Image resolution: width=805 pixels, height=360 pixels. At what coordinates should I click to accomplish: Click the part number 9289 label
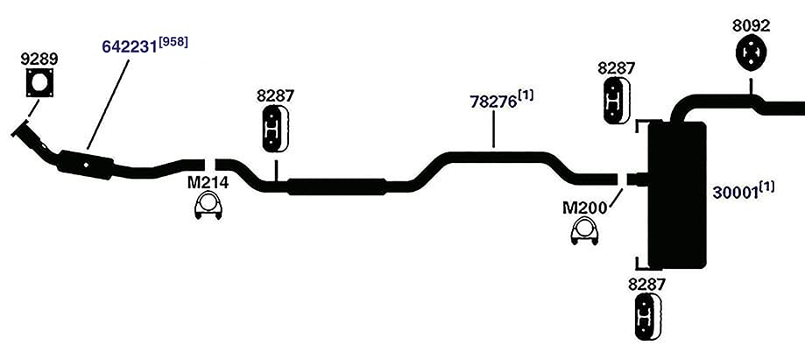39,59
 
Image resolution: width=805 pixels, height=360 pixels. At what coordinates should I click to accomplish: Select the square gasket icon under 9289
40,82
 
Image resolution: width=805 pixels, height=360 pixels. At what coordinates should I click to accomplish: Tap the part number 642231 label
129,46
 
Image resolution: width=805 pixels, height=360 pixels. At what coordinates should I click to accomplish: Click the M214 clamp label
208,183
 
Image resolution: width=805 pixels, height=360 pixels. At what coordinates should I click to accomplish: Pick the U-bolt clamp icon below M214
208,207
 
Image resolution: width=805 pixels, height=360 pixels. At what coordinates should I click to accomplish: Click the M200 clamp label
584,208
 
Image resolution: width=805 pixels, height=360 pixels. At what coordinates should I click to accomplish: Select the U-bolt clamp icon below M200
584,231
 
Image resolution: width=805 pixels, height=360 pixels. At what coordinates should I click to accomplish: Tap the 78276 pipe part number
493,102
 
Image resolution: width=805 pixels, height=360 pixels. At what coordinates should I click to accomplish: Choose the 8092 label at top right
752,25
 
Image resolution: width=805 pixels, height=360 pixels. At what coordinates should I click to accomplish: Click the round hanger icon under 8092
751,52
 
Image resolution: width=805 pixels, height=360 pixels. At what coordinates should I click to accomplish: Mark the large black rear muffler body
677,195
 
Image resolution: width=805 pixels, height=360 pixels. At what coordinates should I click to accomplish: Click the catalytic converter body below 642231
85,165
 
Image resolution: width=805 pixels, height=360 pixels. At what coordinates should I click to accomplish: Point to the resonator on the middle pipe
336,187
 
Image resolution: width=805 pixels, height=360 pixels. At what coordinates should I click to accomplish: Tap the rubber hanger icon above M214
276,129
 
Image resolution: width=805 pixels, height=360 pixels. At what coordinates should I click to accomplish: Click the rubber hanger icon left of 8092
616,101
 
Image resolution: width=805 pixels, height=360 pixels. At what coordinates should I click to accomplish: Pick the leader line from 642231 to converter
108,102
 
